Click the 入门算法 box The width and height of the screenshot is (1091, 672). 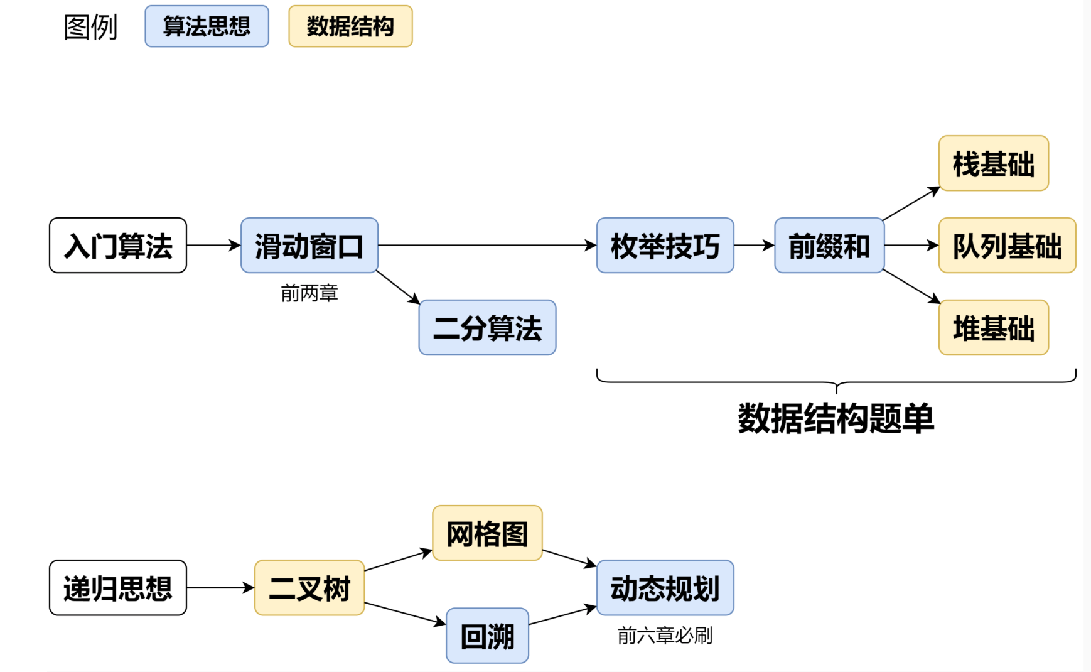click(118, 246)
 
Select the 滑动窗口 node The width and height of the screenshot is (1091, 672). click(309, 246)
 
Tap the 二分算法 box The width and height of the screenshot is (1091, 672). click(488, 328)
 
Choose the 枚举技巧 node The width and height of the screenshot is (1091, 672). click(665, 246)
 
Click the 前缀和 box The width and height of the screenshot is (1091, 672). click(829, 246)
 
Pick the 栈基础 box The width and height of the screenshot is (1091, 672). click(994, 163)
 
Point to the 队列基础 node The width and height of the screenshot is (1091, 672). click(1008, 246)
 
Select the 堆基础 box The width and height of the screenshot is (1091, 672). click(994, 328)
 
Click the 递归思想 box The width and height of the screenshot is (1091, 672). click(118, 588)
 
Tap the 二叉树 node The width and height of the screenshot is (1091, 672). click(309, 588)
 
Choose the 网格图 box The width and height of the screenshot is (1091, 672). click(488, 533)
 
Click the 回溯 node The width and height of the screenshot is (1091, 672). click(488, 636)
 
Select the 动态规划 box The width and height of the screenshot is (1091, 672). click(665, 588)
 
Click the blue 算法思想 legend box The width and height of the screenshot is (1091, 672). click(207, 26)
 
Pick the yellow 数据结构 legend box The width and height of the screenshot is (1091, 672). click(350, 26)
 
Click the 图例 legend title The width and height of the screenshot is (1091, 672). click(90, 27)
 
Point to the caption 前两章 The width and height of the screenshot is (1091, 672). click(309, 293)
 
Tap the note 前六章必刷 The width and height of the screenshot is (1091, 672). click(665, 636)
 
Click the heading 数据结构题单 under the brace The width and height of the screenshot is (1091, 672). click(836, 418)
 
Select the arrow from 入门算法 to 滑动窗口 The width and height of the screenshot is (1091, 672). click(213, 246)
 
